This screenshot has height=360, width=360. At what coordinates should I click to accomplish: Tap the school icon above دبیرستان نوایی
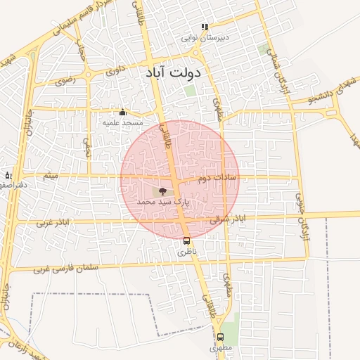pyautogui.click(x=205, y=27)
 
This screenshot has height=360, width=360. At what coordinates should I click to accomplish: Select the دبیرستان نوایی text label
pyautogui.click(x=201, y=39)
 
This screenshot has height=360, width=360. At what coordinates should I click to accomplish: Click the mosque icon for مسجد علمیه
pyautogui.click(x=122, y=112)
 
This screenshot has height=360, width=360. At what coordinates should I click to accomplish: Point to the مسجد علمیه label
pyautogui.click(x=122, y=122)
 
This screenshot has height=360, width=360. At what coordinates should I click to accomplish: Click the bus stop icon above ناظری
pyautogui.click(x=186, y=239)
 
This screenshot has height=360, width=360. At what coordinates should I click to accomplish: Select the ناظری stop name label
pyautogui.click(x=184, y=250)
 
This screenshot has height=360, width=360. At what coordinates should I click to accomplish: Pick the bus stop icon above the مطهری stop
pyautogui.click(x=220, y=337)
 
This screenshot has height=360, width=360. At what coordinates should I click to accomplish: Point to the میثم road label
pyautogui.click(x=49, y=175)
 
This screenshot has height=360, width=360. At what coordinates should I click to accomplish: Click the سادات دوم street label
pyautogui.click(x=217, y=179)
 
